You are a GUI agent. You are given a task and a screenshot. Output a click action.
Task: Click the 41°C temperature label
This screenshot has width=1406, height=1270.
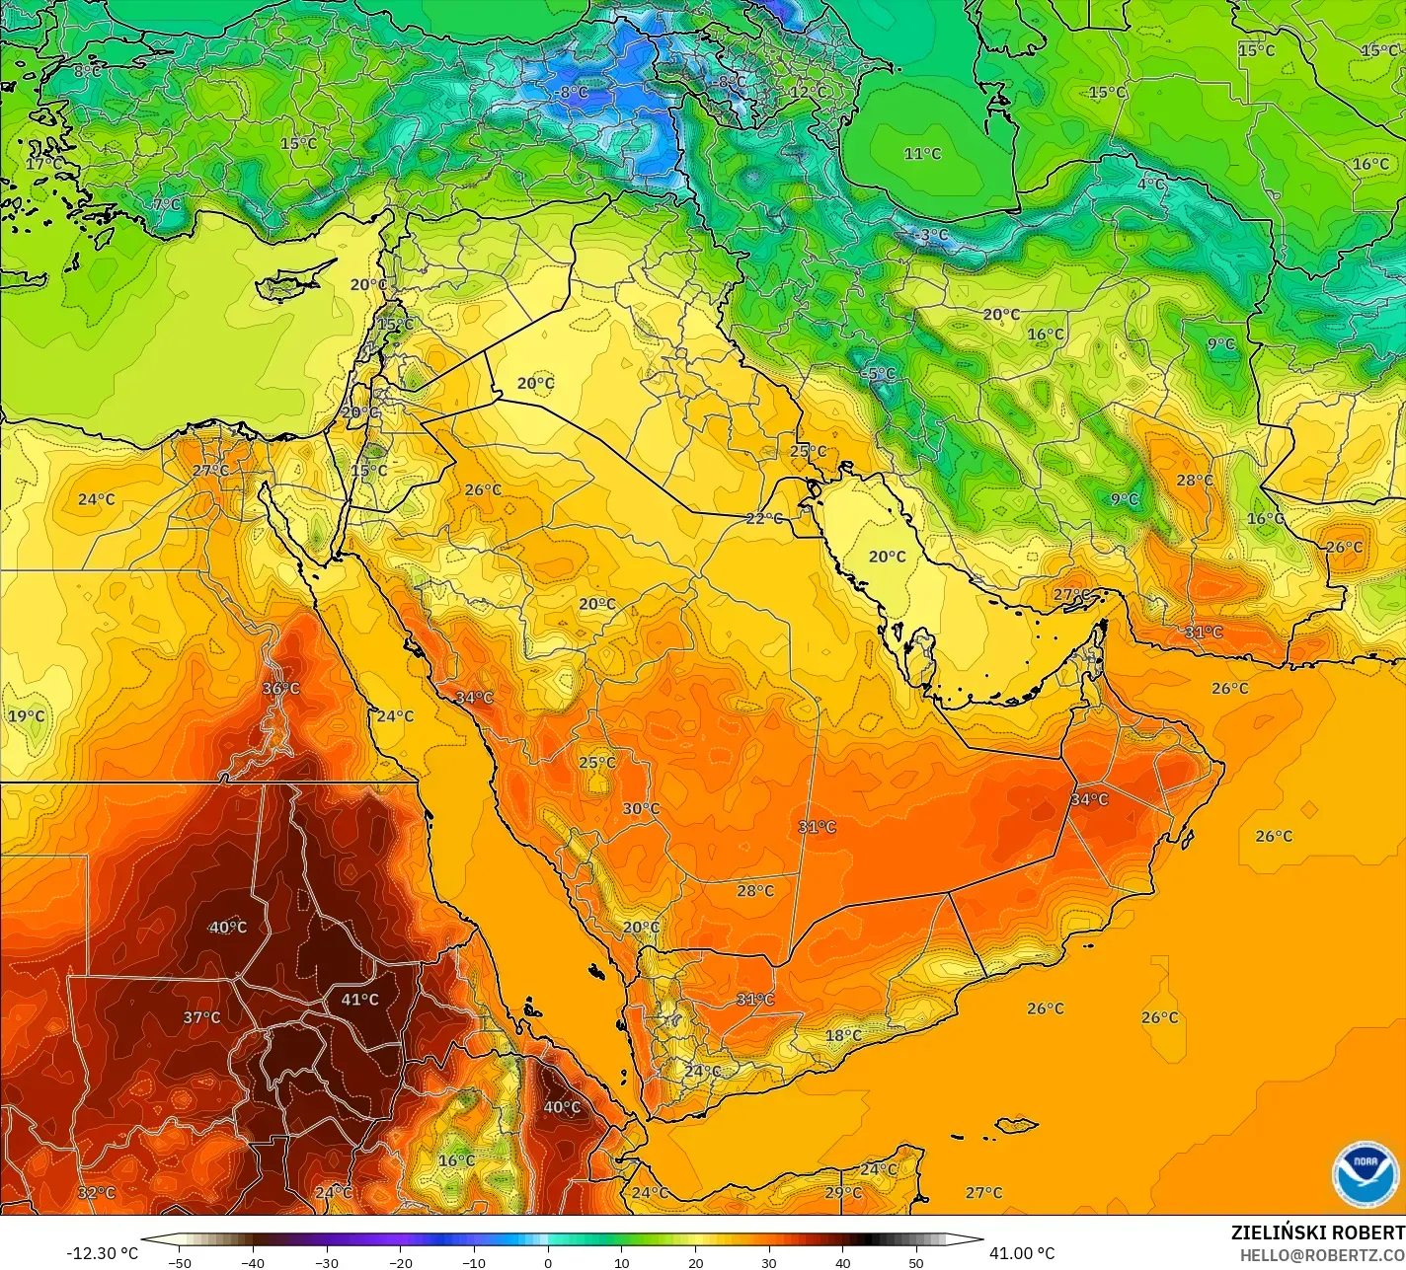[x=359, y=1000]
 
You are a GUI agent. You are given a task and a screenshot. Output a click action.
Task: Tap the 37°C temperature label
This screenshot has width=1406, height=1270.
[x=201, y=1017]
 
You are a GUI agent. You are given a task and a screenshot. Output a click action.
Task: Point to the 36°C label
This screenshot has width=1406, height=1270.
[x=280, y=688]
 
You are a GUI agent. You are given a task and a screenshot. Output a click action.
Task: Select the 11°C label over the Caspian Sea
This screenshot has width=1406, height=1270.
[x=922, y=154]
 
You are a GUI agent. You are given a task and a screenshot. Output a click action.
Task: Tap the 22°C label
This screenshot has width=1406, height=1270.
[x=763, y=518]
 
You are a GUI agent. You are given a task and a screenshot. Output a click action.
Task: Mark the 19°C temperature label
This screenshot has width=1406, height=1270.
[x=27, y=715]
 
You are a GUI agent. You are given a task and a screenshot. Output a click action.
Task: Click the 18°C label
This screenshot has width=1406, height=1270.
[x=843, y=1035]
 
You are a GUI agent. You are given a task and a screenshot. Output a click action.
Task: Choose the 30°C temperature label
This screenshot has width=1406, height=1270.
[x=641, y=809]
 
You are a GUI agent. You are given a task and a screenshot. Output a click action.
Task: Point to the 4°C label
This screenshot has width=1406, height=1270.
[x=1151, y=185]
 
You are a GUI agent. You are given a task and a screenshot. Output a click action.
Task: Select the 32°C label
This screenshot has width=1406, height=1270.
[x=96, y=1193]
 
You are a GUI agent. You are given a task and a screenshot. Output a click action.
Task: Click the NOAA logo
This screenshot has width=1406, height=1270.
[x=1365, y=1173]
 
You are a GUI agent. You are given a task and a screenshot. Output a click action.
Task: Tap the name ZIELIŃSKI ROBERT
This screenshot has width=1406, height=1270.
[x=1317, y=1233]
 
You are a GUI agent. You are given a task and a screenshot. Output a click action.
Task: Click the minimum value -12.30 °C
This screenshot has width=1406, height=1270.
[x=102, y=1253]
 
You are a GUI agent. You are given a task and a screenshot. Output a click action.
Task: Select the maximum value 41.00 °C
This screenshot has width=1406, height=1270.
[x=1022, y=1253]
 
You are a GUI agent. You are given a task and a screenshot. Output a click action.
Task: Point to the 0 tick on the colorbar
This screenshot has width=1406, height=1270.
[x=547, y=1262]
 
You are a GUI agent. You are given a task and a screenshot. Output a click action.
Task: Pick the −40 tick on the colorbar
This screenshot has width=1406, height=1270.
[x=253, y=1262]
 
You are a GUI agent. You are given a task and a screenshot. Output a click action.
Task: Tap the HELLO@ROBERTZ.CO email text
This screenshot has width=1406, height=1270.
[x=1322, y=1254]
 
